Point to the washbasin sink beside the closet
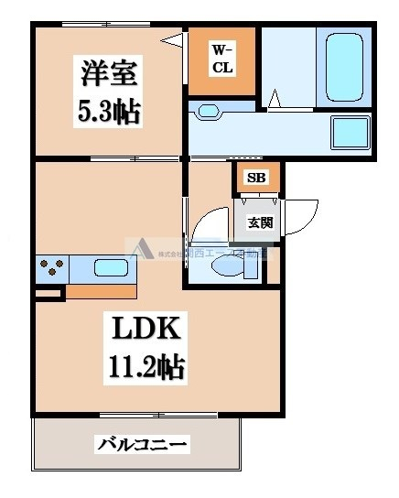coord(210,112)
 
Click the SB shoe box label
coord(255,178)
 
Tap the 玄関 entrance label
coord(255,221)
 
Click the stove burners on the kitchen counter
coord(51,269)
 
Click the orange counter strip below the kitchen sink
coord(101,292)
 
